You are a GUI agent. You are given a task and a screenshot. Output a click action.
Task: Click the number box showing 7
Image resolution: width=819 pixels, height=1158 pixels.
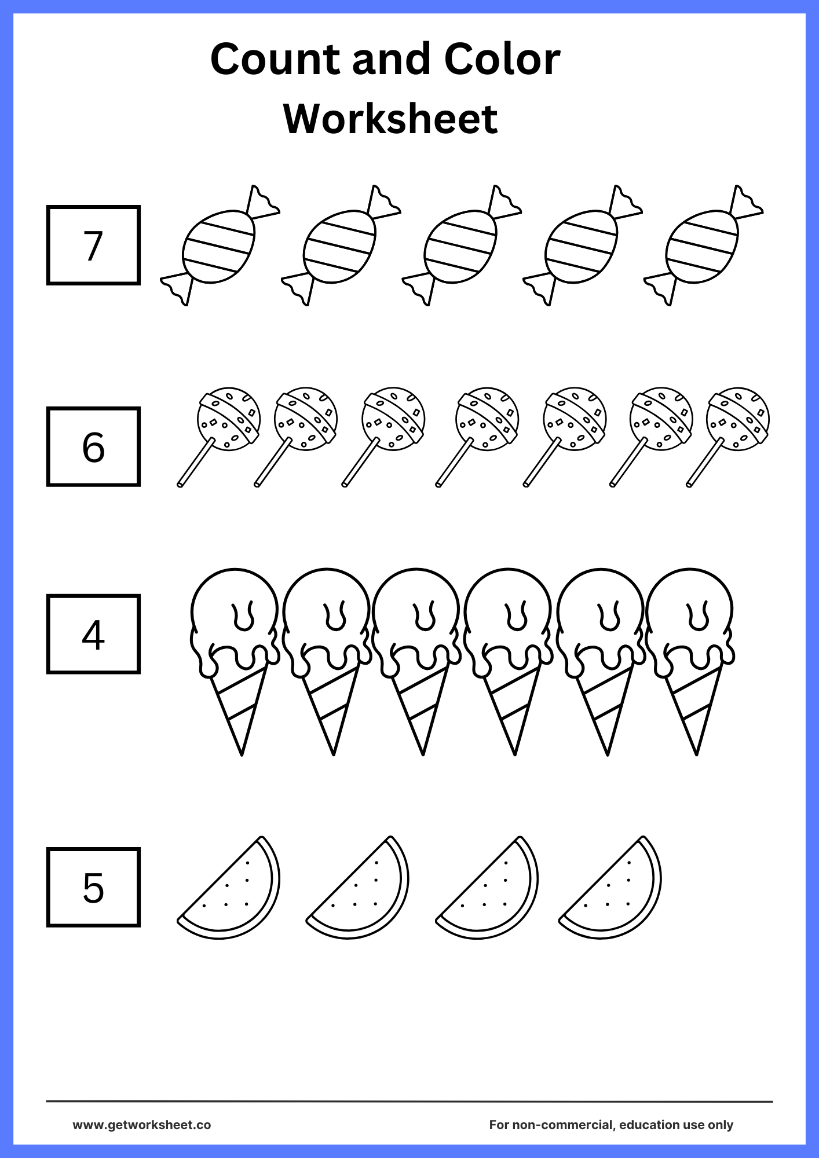(x=93, y=245)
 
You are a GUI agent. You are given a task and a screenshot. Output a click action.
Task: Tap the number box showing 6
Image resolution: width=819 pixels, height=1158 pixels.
(x=93, y=446)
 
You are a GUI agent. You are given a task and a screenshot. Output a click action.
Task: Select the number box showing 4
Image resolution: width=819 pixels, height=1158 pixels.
(x=93, y=634)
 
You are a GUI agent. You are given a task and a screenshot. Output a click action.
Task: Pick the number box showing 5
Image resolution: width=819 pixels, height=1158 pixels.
(x=93, y=887)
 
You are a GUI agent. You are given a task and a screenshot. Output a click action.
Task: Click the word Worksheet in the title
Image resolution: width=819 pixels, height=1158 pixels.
(x=390, y=119)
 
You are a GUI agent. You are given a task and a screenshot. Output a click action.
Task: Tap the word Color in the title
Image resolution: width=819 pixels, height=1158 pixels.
(x=502, y=59)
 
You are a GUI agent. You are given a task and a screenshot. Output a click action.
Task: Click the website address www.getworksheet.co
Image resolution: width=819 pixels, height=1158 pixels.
(x=141, y=1124)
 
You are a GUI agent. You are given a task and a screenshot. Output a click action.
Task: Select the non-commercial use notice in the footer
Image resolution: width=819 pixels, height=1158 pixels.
(x=611, y=1124)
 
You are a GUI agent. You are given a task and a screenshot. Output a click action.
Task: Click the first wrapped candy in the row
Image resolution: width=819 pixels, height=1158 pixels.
(x=219, y=247)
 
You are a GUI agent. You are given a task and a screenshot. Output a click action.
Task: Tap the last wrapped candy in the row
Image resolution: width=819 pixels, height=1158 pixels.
(x=703, y=247)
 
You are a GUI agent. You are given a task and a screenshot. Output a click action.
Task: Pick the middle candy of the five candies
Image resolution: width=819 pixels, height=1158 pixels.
(x=461, y=247)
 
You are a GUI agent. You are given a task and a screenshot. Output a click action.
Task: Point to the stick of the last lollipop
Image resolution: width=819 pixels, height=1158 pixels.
(x=704, y=463)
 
